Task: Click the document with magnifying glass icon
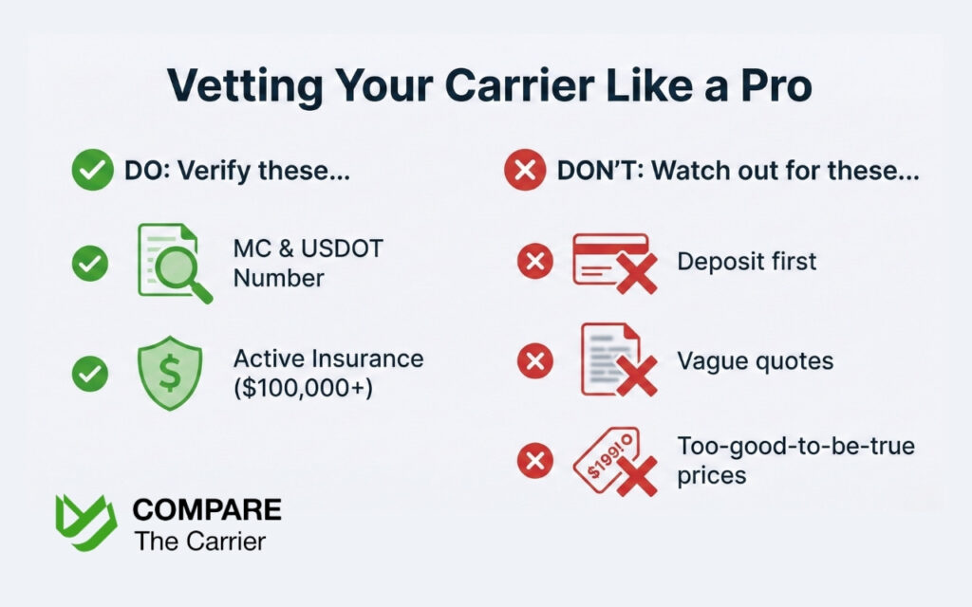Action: pos(172,263)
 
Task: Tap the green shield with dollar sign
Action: pos(170,373)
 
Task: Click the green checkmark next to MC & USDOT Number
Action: pos(90,264)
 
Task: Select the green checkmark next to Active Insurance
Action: pos(90,374)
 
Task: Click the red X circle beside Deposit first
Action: pos(534,261)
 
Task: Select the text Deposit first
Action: pos(746,261)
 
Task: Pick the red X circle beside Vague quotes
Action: pos(534,360)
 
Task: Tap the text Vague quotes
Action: pos(755,360)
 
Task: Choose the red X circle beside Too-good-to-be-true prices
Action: pos(534,461)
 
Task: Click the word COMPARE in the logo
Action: pos(206,509)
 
